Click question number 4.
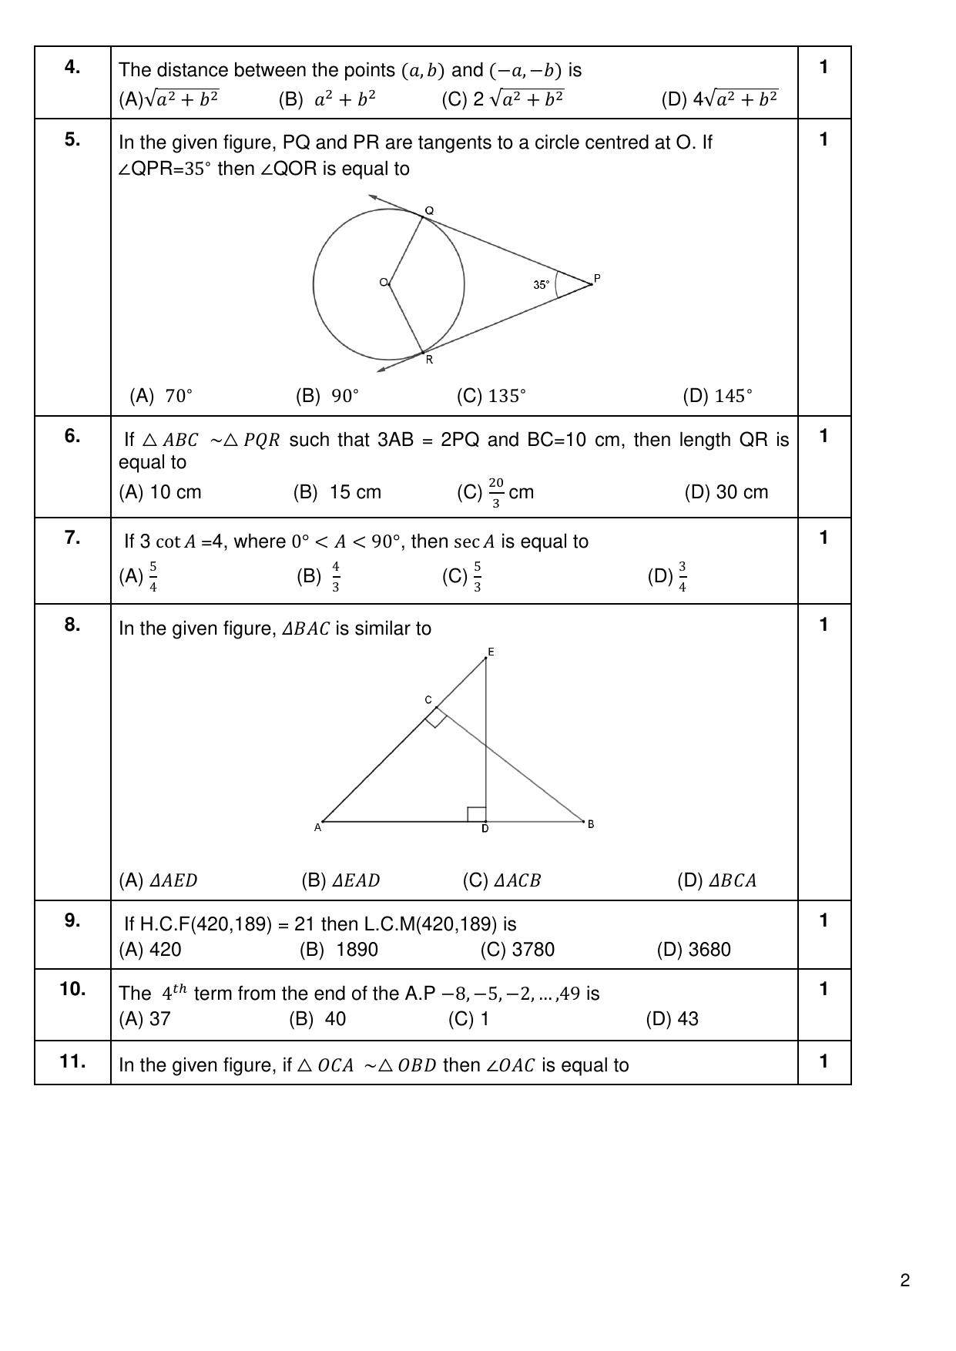(72, 68)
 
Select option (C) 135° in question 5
(491, 396)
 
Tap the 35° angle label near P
(542, 285)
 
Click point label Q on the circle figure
(430, 210)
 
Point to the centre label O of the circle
(383, 283)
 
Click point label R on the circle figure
(429, 360)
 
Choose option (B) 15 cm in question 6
(337, 492)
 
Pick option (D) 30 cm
(726, 492)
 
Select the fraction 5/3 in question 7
(478, 577)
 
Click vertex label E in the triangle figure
(491, 652)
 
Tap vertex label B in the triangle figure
(591, 824)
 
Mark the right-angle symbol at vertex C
(436, 719)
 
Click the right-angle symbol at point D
(477, 814)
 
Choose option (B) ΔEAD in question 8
(340, 880)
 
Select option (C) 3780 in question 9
(517, 950)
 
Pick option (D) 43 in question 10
(672, 1019)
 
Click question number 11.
(72, 1061)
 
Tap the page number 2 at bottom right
(905, 1281)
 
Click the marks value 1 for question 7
(824, 538)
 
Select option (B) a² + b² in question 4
(327, 99)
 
